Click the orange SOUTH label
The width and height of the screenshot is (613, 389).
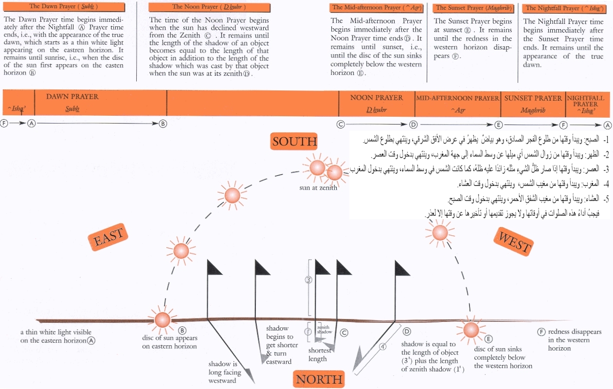coord(294,141)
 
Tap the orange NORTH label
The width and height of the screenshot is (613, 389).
coord(319,379)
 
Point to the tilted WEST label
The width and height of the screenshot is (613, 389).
coord(514,242)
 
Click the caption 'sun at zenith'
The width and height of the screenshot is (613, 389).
coord(318,188)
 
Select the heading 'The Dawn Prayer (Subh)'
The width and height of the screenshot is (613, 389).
coord(63,7)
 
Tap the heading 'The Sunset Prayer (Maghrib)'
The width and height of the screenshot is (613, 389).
coord(466,8)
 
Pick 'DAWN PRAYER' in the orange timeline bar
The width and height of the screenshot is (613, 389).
coord(72,97)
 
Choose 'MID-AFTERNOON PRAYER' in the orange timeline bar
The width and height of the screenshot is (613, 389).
coord(458,98)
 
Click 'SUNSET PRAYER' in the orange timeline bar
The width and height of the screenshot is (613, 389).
coord(533,98)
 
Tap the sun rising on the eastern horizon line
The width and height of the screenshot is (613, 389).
coord(162,319)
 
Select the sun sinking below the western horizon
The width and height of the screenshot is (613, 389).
coord(471,330)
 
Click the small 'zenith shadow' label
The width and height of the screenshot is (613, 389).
coord(324,330)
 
